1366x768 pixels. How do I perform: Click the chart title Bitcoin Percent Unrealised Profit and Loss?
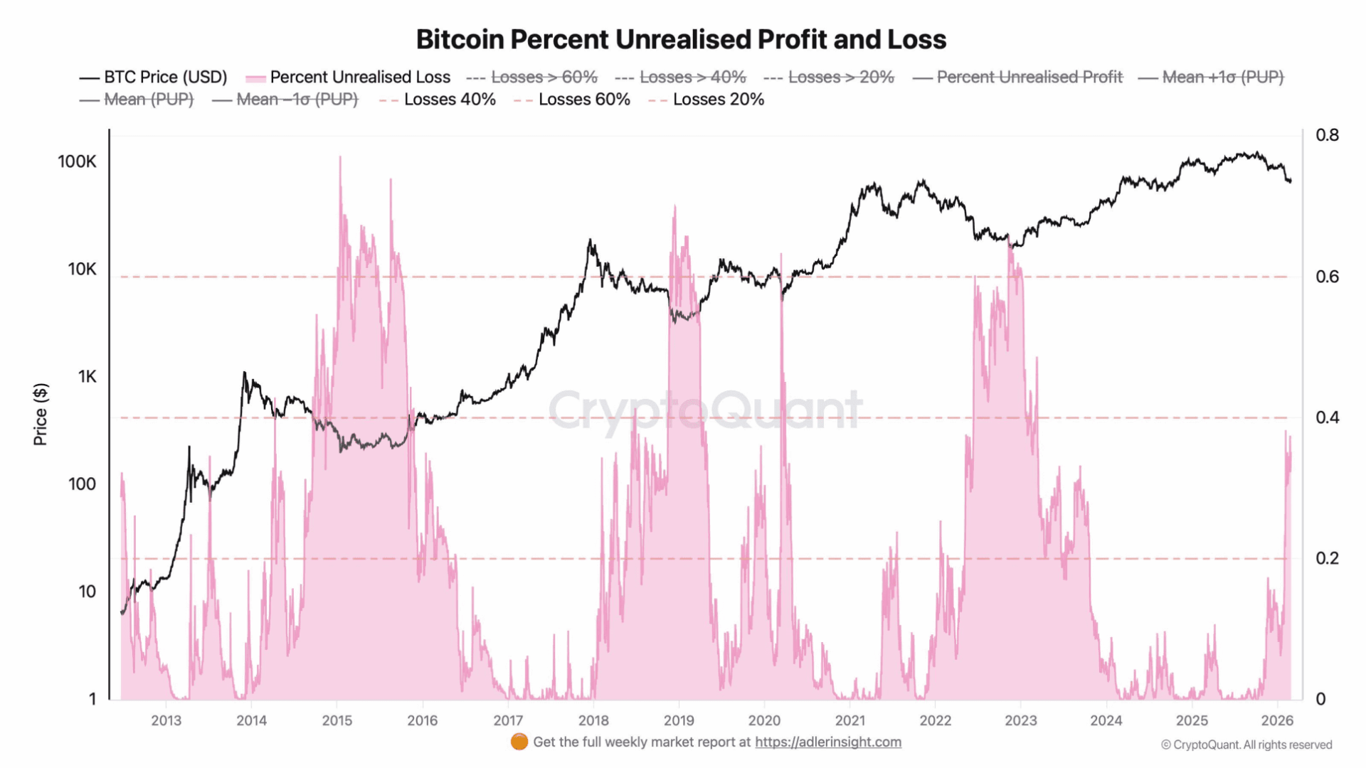coord(681,40)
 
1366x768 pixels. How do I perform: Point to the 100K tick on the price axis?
coord(77,161)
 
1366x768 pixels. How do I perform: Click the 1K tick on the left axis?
coord(87,377)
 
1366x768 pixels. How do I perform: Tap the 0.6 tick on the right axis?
coord(1327,277)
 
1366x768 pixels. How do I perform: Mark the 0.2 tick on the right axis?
coord(1327,558)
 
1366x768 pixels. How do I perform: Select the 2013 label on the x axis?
coord(166,720)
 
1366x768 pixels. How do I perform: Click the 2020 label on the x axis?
coord(764,720)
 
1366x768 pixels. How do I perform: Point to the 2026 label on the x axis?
coord(1277,720)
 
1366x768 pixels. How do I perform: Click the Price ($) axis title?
coord(41,415)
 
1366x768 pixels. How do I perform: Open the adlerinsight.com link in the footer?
coord(827,742)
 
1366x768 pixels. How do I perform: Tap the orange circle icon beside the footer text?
coord(519,742)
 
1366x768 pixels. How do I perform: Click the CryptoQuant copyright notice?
coord(1246,745)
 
